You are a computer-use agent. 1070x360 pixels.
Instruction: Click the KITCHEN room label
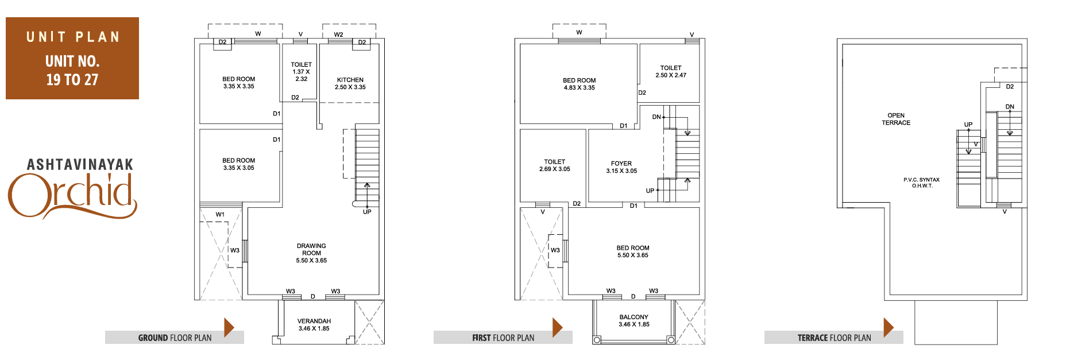[350, 80]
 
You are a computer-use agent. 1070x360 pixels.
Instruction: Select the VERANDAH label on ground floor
[314, 321]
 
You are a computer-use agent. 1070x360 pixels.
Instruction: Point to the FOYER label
[621, 164]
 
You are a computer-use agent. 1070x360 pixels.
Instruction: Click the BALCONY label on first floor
[634, 317]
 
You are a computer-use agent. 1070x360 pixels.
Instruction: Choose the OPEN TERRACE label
[896, 119]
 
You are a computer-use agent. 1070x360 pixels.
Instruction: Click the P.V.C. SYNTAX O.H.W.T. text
[922, 183]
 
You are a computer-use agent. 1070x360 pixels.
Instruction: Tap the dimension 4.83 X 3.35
[580, 88]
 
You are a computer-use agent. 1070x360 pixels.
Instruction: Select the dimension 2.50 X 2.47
[671, 75]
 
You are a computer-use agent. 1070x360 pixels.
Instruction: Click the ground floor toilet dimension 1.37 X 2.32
[302, 75]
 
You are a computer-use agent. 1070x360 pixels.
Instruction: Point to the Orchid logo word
[72, 195]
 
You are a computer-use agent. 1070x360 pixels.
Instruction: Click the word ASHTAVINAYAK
[80, 165]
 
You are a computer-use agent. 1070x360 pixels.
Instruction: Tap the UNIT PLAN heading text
[73, 37]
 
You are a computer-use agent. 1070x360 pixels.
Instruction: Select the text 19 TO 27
[72, 80]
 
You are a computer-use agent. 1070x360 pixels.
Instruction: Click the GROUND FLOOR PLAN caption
[175, 338]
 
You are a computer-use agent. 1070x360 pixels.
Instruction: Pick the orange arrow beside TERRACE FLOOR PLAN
[889, 327]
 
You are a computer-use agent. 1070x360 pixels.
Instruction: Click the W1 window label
[220, 215]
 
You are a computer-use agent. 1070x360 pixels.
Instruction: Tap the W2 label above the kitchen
[338, 34]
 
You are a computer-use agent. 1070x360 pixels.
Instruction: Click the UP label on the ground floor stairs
[367, 212]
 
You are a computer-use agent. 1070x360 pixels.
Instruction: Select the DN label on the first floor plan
[656, 117]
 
